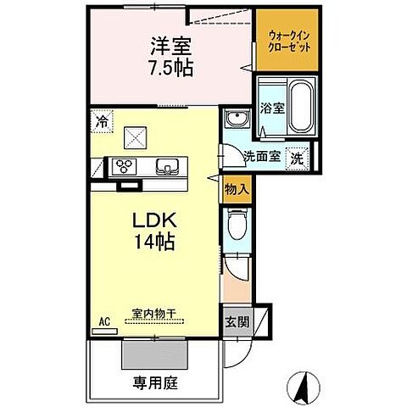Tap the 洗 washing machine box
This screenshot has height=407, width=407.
(x=298, y=156)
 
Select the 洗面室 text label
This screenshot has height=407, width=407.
(x=260, y=156)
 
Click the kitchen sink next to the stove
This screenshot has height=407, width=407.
(x=164, y=166)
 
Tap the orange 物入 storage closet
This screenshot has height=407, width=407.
(x=237, y=191)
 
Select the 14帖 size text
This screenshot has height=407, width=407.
(x=153, y=243)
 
